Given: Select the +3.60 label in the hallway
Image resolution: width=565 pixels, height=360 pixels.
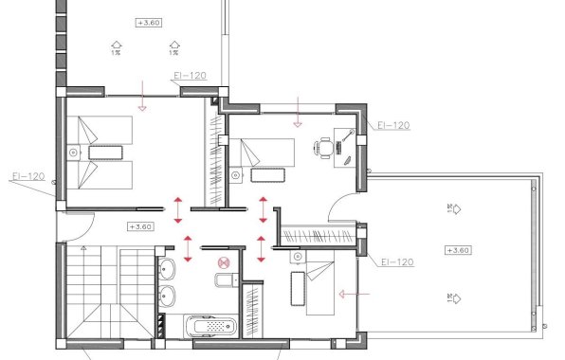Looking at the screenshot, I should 139,227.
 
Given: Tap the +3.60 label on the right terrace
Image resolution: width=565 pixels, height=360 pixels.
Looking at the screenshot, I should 457,250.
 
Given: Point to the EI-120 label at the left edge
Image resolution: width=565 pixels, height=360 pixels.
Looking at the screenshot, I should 28,176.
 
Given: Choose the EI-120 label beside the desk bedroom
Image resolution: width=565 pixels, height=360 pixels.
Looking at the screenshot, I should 393,125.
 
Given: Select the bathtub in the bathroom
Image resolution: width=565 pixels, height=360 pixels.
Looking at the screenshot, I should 210,325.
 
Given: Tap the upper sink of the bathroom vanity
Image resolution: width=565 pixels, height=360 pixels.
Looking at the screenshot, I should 165,266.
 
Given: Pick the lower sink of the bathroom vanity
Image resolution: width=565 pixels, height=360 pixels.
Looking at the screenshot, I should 165,295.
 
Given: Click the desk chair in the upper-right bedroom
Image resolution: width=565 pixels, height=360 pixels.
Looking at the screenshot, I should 325,148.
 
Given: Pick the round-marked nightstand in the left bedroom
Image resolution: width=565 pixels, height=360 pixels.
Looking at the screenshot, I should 74,152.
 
